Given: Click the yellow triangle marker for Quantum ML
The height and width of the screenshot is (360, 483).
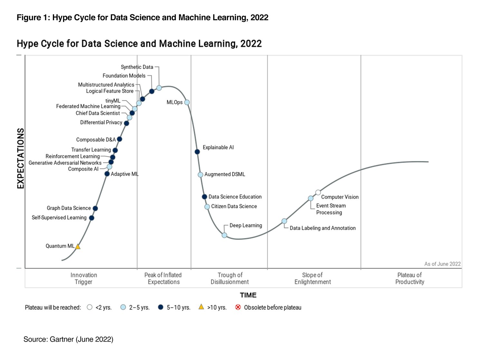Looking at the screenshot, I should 78,247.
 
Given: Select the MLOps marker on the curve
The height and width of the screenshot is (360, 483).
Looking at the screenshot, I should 187,102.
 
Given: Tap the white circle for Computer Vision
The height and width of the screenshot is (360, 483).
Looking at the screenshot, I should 318,193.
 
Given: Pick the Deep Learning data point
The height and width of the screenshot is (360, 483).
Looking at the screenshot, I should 224,235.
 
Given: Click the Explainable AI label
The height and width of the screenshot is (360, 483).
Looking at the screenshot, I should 218,147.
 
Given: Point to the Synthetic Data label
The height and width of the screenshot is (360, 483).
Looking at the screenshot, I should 137,67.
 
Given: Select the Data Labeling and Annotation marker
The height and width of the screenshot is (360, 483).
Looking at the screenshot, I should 284,221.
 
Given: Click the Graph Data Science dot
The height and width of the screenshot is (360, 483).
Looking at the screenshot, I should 95,208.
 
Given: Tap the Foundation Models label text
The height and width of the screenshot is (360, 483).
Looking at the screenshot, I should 124,76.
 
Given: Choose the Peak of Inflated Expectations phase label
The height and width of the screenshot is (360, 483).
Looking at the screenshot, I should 163,279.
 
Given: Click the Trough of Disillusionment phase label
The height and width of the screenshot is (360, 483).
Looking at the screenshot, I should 230,279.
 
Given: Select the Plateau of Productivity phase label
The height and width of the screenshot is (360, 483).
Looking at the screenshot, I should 410,279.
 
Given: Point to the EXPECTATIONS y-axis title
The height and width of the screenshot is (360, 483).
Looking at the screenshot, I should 21,158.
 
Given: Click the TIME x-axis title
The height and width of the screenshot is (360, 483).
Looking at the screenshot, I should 248,295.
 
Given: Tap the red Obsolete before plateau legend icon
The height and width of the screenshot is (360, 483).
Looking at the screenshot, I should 238,307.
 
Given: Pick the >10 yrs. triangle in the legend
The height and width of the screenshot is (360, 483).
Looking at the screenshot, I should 201,307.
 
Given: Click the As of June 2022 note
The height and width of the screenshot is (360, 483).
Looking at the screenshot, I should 442,264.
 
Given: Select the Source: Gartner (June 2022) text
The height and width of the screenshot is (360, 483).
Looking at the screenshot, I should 68,339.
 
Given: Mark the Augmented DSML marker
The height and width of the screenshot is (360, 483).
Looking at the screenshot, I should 200,175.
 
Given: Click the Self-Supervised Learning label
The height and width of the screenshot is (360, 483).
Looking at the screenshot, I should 59,218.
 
